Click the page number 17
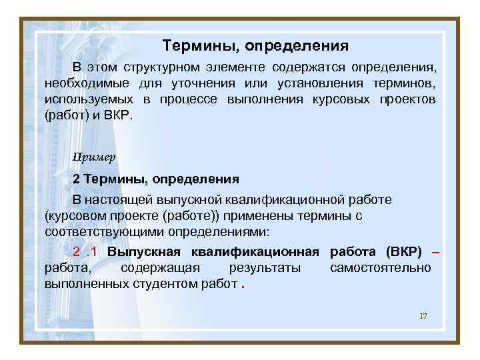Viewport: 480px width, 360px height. (423, 315)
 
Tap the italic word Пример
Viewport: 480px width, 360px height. (95, 157)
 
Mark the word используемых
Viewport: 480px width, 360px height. (89, 99)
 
